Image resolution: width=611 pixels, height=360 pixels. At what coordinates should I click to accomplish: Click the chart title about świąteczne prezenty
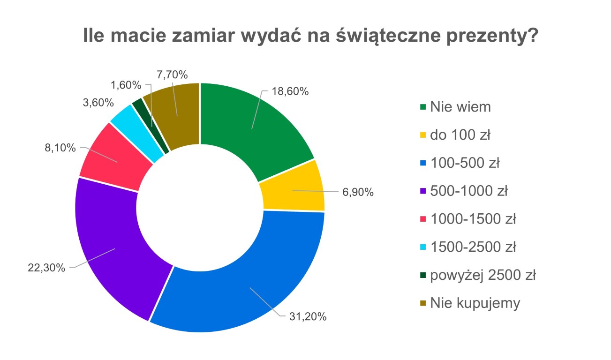click(x=310, y=36)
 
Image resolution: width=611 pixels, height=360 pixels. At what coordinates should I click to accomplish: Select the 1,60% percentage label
click(x=126, y=85)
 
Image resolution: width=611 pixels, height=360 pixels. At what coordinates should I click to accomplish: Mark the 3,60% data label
click(x=96, y=102)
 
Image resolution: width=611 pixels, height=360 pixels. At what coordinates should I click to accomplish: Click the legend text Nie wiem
click(x=460, y=107)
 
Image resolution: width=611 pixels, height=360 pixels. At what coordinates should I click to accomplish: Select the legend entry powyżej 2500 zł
click(x=483, y=275)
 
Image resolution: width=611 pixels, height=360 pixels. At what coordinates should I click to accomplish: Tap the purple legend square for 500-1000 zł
click(x=422, y=191)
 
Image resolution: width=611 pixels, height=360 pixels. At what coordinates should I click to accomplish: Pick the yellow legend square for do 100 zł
click(x=422, y=135)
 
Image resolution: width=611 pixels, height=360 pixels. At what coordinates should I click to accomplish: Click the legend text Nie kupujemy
click(x=475, y=303)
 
